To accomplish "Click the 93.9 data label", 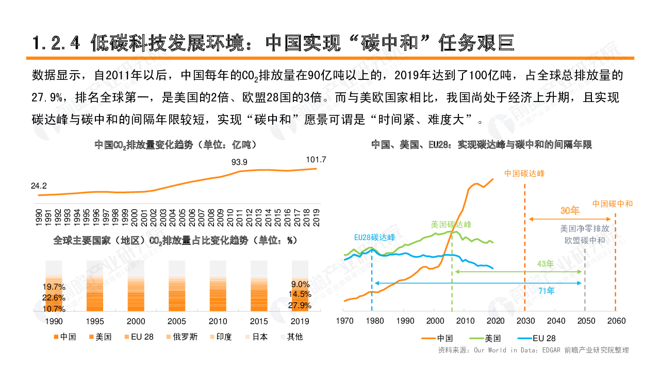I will coord(239,162).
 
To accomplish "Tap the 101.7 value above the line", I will coord(316,160).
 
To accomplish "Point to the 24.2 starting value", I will coord(39,186).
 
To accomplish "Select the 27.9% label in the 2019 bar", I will coord(299,306).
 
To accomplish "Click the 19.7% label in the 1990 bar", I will coord(54,287).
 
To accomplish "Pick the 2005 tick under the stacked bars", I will coord(177,322).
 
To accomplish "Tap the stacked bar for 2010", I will coord(218,286).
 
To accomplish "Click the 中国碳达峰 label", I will coord(524,174).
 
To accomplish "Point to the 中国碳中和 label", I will coord(613,204).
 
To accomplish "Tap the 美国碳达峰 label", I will coord(451,225).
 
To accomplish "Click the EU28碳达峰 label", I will coord(374,238).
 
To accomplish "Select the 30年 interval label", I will coord(570,211).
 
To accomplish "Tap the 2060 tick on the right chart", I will coord(616,321).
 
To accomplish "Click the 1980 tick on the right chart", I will coord(375,321).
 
